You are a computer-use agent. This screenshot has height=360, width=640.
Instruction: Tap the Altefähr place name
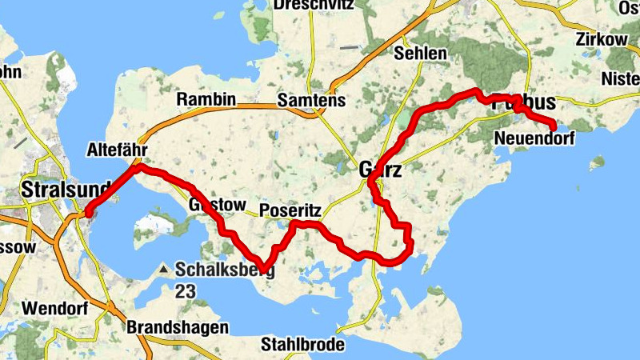(118, 150)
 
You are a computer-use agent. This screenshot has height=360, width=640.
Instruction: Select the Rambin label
(206, 100)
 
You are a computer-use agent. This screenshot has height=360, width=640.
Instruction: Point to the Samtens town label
(311, 101)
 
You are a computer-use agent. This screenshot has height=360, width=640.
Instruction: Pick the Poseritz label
(290, 210)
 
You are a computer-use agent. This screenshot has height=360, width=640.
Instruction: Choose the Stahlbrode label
(303, 345)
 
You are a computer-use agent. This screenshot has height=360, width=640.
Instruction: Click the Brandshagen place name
(178, 327)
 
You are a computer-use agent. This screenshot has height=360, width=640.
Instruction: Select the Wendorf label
(50, 307)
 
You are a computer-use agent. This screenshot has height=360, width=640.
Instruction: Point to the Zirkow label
(606, 39)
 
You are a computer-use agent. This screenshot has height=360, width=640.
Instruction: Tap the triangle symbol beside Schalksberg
(164, 270)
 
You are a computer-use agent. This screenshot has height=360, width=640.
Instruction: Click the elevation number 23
(185, 291)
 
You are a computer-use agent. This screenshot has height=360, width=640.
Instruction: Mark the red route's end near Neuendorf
(554, 126)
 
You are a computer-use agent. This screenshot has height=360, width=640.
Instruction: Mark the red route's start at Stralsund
(88, 212)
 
